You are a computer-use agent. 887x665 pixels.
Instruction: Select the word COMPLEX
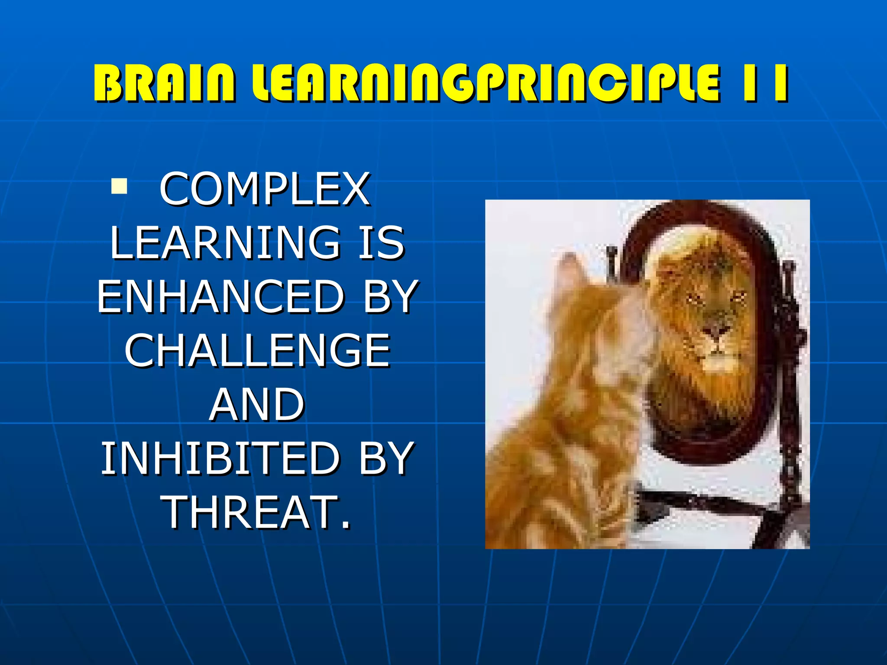[265, 189]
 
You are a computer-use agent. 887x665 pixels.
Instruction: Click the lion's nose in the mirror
[715, 332]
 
